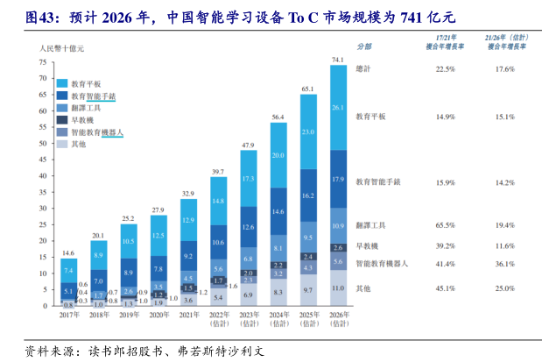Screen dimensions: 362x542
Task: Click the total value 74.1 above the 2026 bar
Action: point(337,59)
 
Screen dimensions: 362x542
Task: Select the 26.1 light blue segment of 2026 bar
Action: point(337,108)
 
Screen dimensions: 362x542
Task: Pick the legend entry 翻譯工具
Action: point(85,107)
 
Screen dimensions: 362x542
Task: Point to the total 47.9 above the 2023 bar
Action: point(248,144)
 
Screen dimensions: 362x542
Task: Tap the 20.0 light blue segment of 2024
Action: point(278,155)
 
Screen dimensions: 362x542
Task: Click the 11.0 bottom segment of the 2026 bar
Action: point(337,287)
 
